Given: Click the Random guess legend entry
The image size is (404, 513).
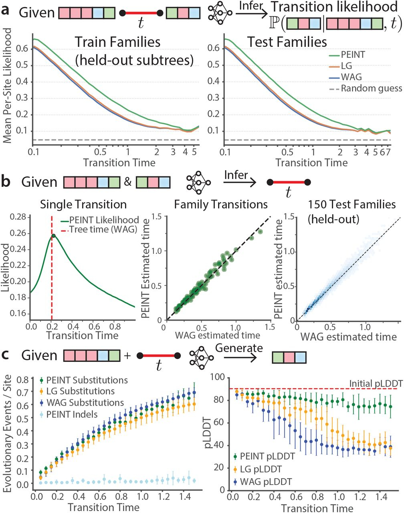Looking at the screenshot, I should [371, 89].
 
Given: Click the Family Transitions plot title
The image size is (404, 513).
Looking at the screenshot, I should [220, 204].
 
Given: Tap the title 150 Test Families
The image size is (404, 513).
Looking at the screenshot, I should [351, 204].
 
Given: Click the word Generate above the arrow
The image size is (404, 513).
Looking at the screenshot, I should [239, 347].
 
